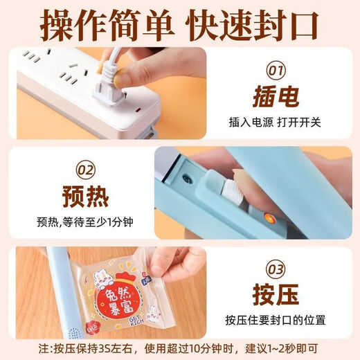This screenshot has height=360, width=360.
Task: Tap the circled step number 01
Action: point(275,70)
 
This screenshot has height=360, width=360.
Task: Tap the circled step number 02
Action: point(85,168)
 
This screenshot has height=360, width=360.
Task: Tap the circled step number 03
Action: point(275,267)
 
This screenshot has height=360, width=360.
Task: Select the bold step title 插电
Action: point(275,96)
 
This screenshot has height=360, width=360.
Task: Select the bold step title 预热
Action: point(85,195)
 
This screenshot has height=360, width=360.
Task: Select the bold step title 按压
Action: point(275,294)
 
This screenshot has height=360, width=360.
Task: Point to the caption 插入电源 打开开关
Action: point(275,123)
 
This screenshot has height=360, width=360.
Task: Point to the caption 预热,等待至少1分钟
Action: point(85,222)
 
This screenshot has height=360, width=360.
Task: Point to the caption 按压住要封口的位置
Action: point(275,320)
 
